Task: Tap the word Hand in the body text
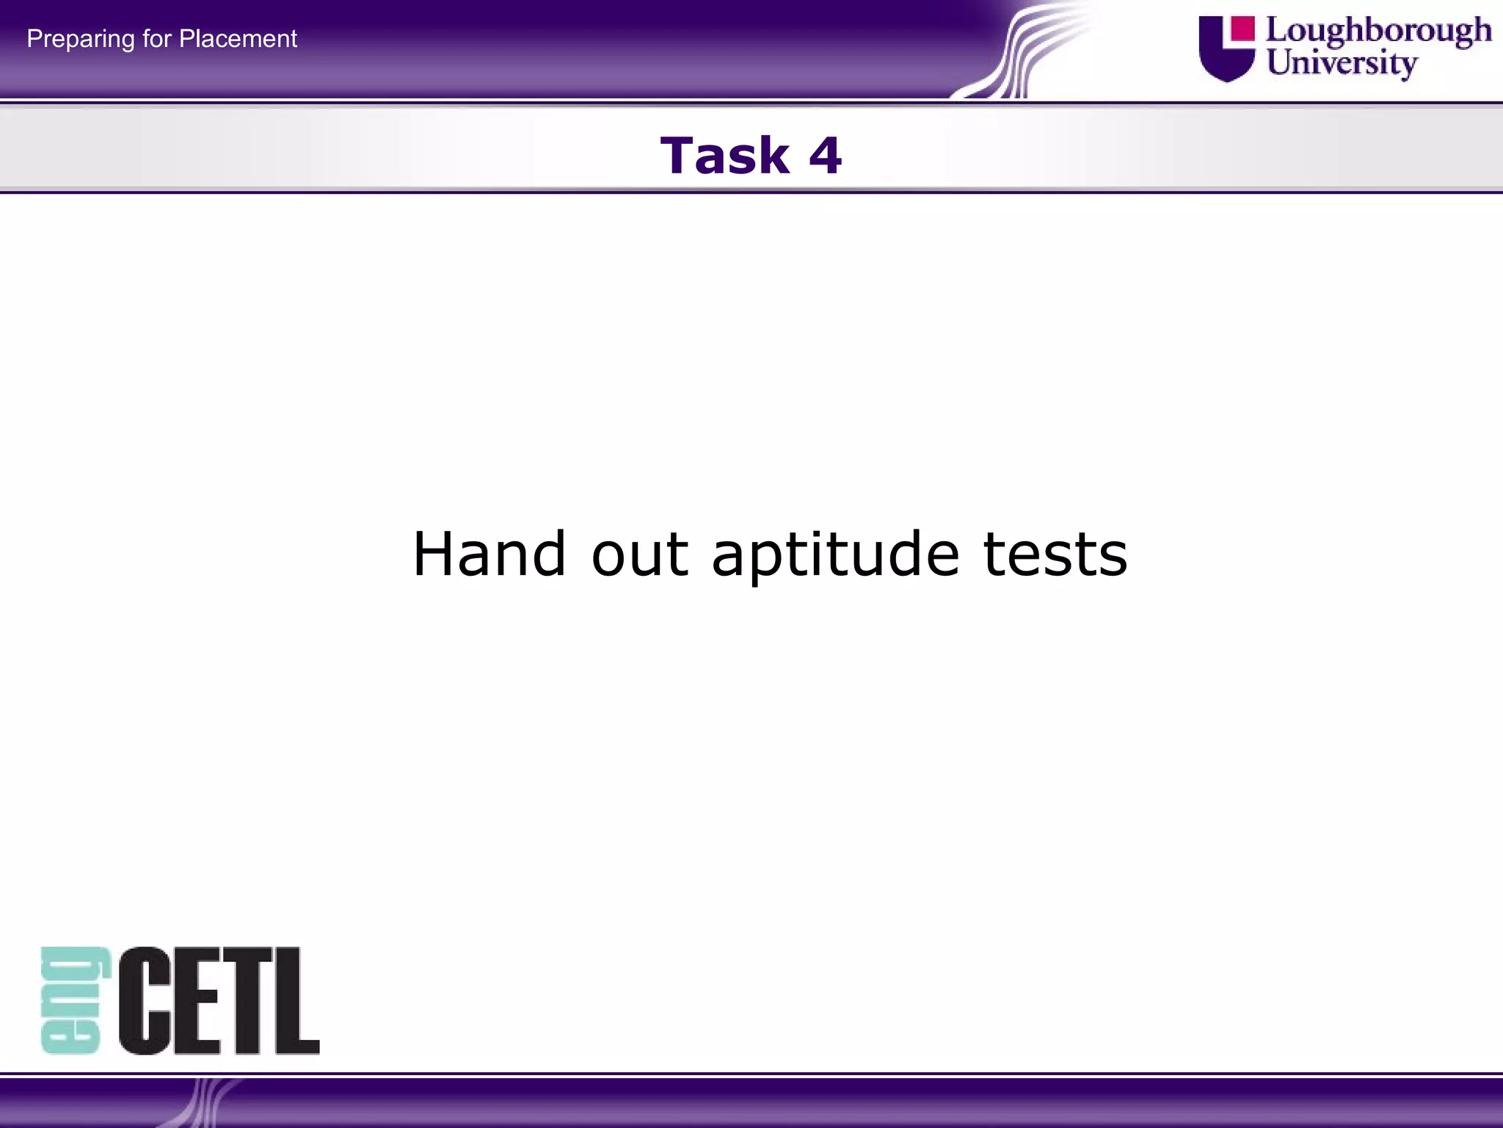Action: click(x=490, y=554)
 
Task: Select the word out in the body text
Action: click(x=639, y=555)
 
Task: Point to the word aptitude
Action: click(x=835, y=555)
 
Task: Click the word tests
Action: click(x=1055, y=555)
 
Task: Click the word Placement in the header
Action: click(x=238, y=38)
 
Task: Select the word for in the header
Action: click(x=156, y=38)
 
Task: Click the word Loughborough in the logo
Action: click(x=1378, y=31)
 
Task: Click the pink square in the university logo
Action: click(x=1242, y=29)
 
